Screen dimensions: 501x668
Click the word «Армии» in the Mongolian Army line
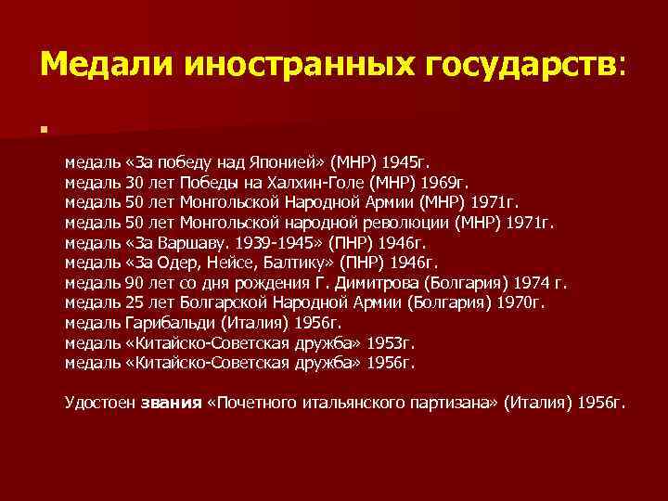coord(391,201)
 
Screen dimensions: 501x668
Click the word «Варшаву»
coord(196,242)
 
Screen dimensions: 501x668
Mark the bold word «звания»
coord(171,404)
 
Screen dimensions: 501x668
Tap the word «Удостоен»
coord(99,404)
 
